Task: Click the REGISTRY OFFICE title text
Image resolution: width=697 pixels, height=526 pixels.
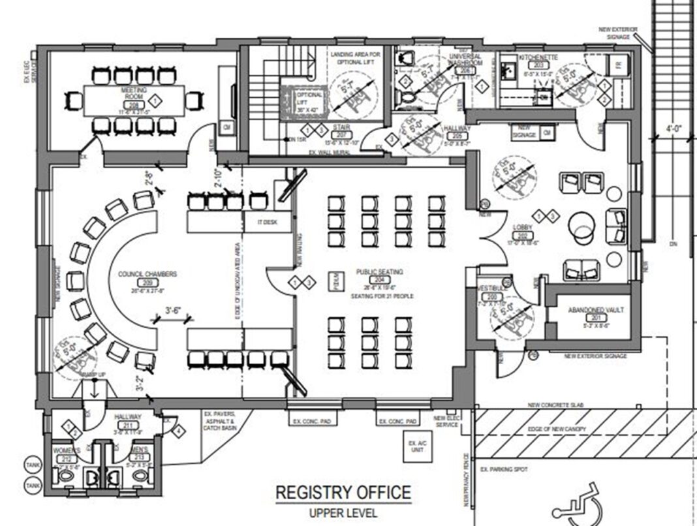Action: pyautogui.click(x=343, y=493)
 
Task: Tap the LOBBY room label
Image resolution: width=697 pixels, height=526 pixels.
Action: pyautogui.click(x=523, y=227)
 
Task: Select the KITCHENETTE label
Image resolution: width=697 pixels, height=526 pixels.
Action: pyautogui.click(x=538, y=58)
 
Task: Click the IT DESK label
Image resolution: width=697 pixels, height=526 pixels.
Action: pyautogui.click(x=267, y=223)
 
